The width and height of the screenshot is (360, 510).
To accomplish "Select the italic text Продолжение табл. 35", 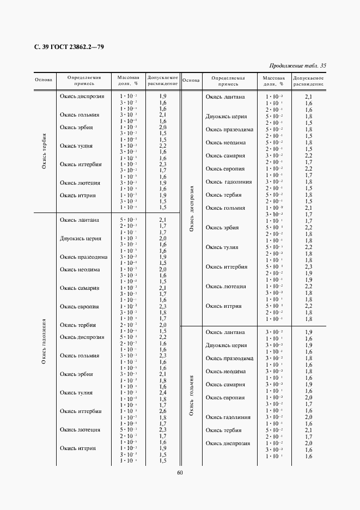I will pyautogui.click(x=297, y=66).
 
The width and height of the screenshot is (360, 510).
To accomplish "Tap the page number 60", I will pyautogui.click(x=179, y=472).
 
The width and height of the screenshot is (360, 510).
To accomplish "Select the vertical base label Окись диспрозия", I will pyautogui.click(x=191, y=209).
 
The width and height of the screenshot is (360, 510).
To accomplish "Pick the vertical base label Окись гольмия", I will pyautogui.click(x=191, y=395).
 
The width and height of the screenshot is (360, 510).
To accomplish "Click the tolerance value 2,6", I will pyautogui.click(x=162, y=411).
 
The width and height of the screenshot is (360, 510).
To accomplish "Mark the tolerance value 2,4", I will pyautogui.click(x=162, y=393).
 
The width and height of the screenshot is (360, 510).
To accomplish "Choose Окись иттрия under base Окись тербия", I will pyautogui.click(x=78, y=196).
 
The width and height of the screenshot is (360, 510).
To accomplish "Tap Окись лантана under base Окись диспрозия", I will pyautogui.click(x=225, y=97).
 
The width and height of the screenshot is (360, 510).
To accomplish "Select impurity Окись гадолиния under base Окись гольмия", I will pyautogui.click(x=228, y=417).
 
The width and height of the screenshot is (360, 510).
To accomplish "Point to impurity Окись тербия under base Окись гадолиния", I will pyautogui.click(x=78, y=325).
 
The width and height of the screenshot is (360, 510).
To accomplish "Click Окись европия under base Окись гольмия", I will pyautogui.click(x=225, y=398).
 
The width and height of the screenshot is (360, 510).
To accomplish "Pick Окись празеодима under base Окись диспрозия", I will pyautogui.click(x=229, y=130).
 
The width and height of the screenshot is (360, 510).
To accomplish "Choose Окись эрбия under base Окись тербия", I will pyautogui.click(x=76, y=127).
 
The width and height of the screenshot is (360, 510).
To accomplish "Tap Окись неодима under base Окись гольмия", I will pyautogui.click(x=225, y=372).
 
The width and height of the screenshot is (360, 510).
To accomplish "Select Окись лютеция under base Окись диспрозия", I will pyautogui.click(x=225, y=287).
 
